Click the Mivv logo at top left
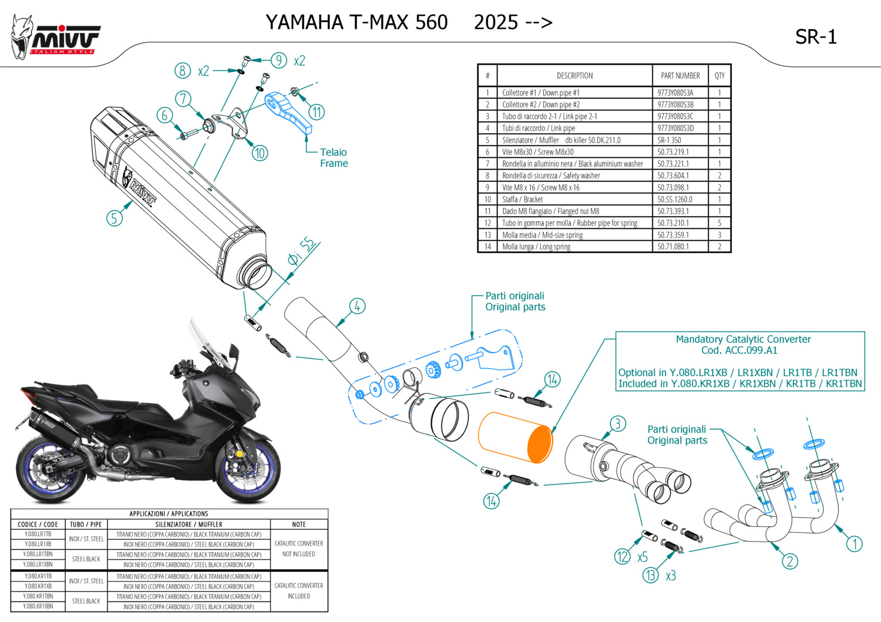pos(56,38)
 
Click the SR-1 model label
pos(815,37)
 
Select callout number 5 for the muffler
pos(115,218)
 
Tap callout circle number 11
pos(317,112)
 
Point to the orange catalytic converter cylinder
pos(515,437)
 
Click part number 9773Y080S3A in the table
pos(675,93)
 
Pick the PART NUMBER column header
pos(680,76)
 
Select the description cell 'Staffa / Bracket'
pos(522,200)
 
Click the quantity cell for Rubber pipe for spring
pos(719,223)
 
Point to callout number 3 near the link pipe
pos(617,424)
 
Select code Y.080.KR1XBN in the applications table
pos(38,606)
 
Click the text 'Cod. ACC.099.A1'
pos(739,350)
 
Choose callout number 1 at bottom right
pos(854,544)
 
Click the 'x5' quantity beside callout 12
pos(643,557)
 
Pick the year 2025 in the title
pos(496,22)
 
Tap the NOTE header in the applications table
pos(298,524)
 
